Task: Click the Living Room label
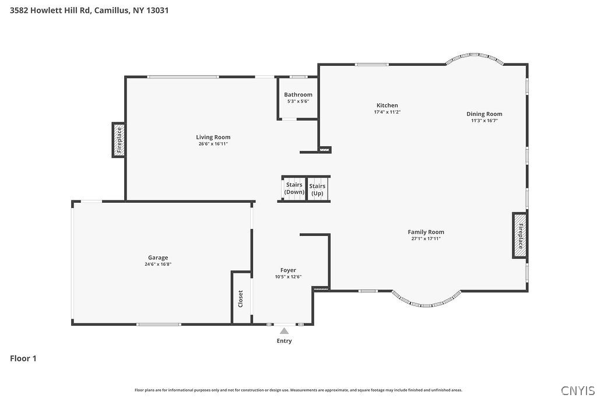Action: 213,138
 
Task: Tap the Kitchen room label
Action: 387,105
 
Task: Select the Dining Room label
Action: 484,114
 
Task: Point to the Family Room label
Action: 426,232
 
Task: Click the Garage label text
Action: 158,258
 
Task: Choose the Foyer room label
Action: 288,270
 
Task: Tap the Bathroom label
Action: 298,94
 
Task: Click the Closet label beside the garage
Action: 240,299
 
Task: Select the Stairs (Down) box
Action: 294,188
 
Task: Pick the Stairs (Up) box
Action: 318,189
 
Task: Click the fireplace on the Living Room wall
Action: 118,140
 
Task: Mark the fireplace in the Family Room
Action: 520,235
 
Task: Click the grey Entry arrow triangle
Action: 284,331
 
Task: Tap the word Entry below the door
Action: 284,341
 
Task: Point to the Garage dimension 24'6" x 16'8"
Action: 158,264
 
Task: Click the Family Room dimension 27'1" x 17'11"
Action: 426,238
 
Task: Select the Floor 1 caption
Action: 23,358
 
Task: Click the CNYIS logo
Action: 577,390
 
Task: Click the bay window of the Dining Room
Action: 475,58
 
